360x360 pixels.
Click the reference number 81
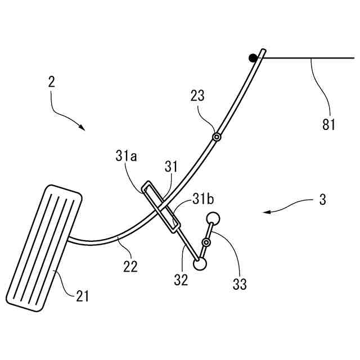(x=328, y=124)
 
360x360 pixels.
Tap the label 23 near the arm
(x=197, y=96)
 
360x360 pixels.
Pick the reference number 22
(x=130, y=268)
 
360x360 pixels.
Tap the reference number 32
(x=181, y=280)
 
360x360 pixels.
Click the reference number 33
(x=240, y=285)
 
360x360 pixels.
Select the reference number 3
(x=322, y=200)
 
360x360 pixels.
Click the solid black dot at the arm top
(x=254, y=57)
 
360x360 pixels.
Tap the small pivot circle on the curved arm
(x=216, y=137)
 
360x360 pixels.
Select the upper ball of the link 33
(x=214, y=218)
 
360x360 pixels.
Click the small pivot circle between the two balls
(x=206, y=242)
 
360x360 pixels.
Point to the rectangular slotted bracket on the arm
(x=161, y=206)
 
